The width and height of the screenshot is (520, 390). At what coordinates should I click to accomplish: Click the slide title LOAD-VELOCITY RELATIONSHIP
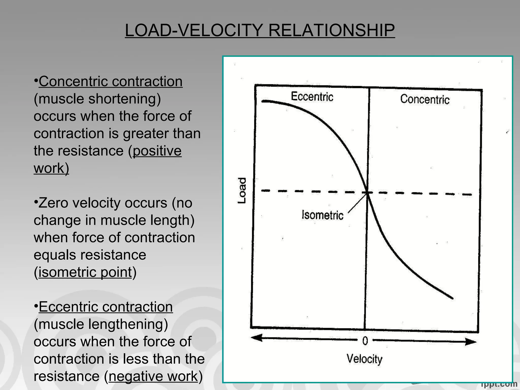click(260, 30)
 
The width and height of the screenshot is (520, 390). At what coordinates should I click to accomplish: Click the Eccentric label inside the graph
click(312, 97)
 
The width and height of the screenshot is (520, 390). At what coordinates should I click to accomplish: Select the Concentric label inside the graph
click(425, 99)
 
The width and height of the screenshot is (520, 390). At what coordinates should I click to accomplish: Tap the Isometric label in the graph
click(322, 215)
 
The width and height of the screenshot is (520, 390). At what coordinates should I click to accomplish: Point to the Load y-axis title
click(242, 190)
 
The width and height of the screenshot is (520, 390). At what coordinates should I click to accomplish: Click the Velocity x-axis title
click(364, 359)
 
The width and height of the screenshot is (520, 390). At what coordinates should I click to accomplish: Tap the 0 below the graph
click(365, 341)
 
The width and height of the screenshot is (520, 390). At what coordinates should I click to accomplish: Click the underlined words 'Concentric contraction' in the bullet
click(110, 82)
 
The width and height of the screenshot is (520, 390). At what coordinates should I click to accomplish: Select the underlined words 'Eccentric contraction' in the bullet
click(106, 307)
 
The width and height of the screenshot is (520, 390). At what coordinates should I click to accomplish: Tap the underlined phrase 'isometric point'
click(85, 272)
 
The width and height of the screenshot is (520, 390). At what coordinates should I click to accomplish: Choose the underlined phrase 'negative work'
click(153, 376)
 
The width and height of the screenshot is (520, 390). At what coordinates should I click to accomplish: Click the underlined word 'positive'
click(157, 151)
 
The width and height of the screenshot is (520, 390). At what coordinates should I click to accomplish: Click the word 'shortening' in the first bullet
click(124, 99)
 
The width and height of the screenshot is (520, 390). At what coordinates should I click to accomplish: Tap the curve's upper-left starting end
click(263, 101)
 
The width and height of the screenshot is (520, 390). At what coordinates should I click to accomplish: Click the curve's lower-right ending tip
click(452, 298)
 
